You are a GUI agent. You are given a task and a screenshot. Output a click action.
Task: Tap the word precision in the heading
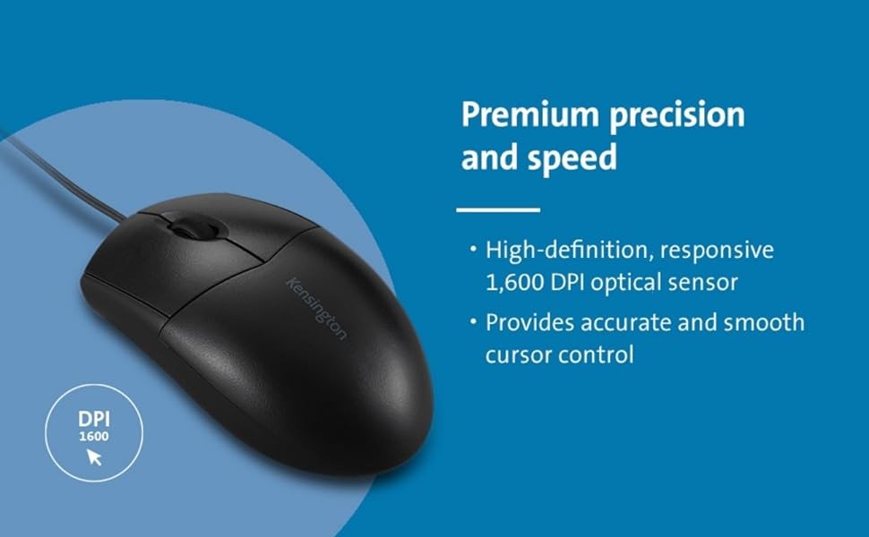pyautogui.click(x=676, y=116)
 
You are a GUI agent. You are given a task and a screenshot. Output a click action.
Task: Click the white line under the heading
pyautogui.click(x=498, y=209)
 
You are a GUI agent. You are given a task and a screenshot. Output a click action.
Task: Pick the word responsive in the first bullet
pyautogui.click(x=717, y=251)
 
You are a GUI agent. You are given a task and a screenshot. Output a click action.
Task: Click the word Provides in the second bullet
pyautogui.click(x=529, y=322)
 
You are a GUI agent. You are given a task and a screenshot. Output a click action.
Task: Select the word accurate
pyautogui.click(x=625, y=323)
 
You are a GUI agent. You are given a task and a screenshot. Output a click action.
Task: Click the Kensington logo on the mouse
pyautogui.click(x=316, y=308)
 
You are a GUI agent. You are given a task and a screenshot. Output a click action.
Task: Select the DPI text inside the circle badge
pyautogui.click(x=94, y=420)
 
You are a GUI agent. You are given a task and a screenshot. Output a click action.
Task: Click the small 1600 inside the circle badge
pyautogui.click(x=94, y=437)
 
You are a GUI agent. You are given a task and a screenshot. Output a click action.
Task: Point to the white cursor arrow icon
pyautogui.click(x=94, y=456)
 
